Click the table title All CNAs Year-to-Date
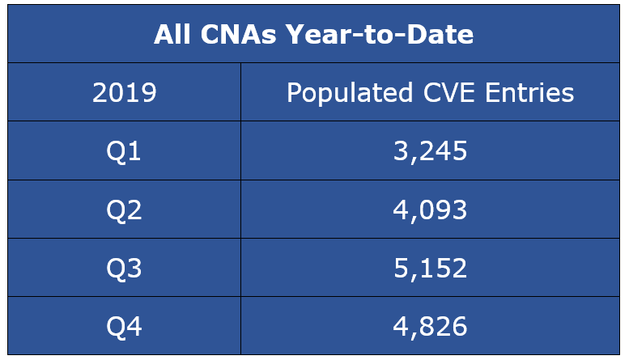pos(313,34)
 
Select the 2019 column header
pos(124,93)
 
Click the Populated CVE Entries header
pos(430,93)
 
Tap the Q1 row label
pos(124,151)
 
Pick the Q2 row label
pos(124,210)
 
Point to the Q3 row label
pos(124,268)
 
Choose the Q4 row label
pos(124,326)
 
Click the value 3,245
pos(430,151)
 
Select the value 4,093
pos(430,210)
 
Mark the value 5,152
pos(430,268)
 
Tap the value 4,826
pos(430,326)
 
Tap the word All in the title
pos(172,34)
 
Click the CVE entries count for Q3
pos(430,268)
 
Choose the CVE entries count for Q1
pos(430,151)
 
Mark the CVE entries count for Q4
pos(430,326)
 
